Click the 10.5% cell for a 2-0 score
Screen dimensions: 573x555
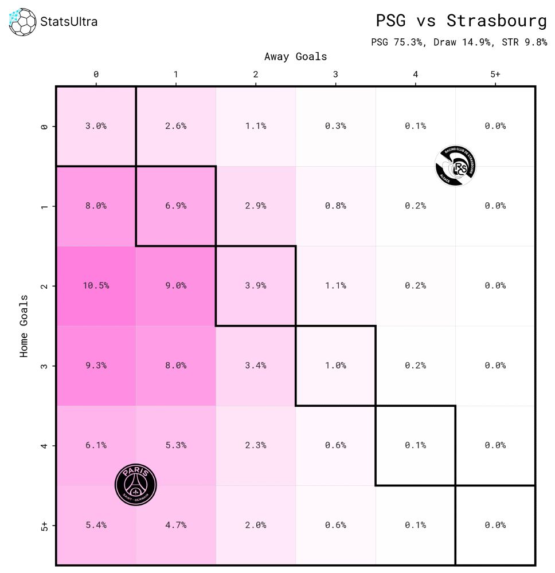pyautogui.click(x=96, y=285)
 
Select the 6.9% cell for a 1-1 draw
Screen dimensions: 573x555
pyautogui.click(x=175, y=206)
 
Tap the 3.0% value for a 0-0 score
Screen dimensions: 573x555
pyautogui.click(x=96, y=126)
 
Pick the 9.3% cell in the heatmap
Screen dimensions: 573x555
pyautogui.click(x=96, y=365)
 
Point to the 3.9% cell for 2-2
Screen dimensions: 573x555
pyautogui.click(x=256, y=285)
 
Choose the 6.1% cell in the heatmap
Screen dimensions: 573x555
pyautogui.click(x=96, y=445)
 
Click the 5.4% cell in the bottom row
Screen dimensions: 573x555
pyautogui.click(x=96, y=525)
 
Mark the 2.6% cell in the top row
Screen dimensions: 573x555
pyautogui.click(x=175, y=126)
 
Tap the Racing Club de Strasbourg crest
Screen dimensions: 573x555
pyautogui.click(x=455, y=166)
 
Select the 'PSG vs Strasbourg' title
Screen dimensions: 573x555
pyautogui.click(x=461, y=21)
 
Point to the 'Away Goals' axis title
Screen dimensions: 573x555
pyautogui.click(x=295, y=57)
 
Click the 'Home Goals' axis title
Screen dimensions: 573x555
pyautogui.click(x=24, y=326)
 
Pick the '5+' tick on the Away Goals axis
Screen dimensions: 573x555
pyautogui.click(x=495, y=74)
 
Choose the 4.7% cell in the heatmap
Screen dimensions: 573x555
pyautogui.click(x=175, y=525)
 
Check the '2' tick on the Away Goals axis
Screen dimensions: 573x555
pyautogui.click(x=256, y=74)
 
